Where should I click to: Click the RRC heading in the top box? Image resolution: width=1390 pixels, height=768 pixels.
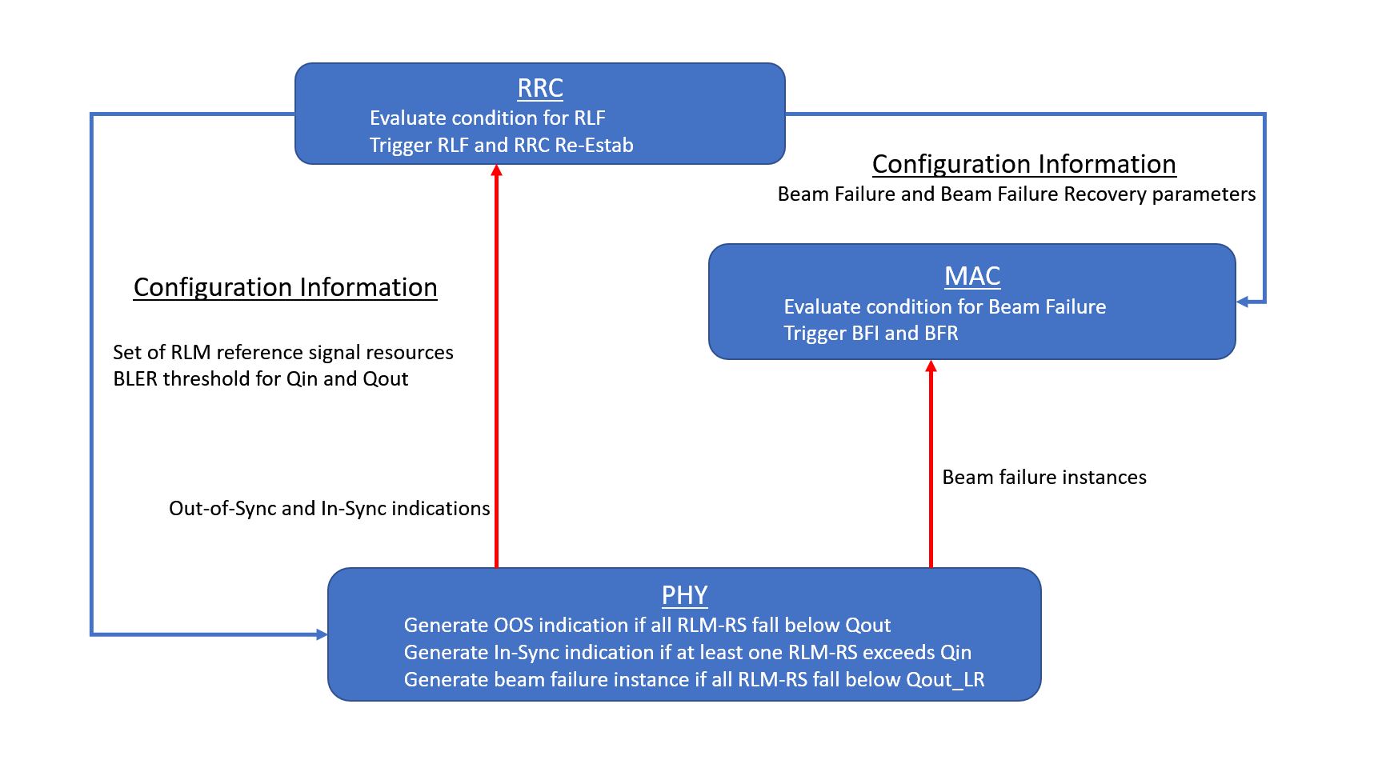pyautogui.click(x=540, y=88)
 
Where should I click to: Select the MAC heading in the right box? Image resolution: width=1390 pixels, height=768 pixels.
pyautogui.click(x=972, y=276)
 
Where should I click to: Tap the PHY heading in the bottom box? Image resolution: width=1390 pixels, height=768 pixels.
pyautogui.click(x=684, y=595)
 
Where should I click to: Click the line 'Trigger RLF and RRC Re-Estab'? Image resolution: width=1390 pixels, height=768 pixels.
pyautogui.click(x=501, y=146)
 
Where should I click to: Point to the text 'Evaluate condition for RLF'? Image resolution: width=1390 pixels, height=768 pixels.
pyautogui.click(x=487, y=118)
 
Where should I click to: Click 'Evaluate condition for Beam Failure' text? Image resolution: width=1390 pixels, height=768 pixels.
pyautogui.click(x=944, y=307)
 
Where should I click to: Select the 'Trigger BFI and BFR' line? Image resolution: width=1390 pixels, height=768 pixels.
pyautogui.click(x=871, y=334)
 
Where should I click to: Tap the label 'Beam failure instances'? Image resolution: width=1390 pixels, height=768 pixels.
pyautogui.click(x=1044, y=478)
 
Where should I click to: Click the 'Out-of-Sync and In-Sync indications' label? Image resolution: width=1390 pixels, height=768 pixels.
pyautogui.click(x=329, y=509)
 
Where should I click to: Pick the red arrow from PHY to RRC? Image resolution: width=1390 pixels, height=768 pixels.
pyautogui.click(x=496, y=368)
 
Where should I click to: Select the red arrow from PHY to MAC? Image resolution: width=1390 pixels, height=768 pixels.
pyautogui.click(x=930, y=464)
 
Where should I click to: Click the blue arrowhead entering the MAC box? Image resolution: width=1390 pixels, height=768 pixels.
pyautogui.click(x=1243, y=302)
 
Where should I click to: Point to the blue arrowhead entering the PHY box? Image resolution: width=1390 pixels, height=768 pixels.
pyautogui.click(x=322, y=635)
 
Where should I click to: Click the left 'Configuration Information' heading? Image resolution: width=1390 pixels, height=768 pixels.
pyautogui.click(x=285, y=287)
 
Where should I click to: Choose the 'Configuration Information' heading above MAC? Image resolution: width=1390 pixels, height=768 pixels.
pyautogui.click(x=1023, y=164)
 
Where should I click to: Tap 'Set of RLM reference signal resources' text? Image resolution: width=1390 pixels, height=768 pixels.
pyautogui.click(x=282, y=353)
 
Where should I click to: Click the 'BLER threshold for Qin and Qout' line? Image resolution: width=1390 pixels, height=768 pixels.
pyautogui.click(x=260, y=379)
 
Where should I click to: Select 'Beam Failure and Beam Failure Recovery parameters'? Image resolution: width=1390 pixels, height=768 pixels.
pyautogui.click(x=1016, y=194)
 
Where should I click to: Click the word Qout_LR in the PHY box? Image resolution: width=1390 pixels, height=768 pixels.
pyautogui.click(x=945, y=680)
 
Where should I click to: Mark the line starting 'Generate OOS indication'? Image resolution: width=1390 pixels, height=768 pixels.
pyautogui.click(x=647, y=626)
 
